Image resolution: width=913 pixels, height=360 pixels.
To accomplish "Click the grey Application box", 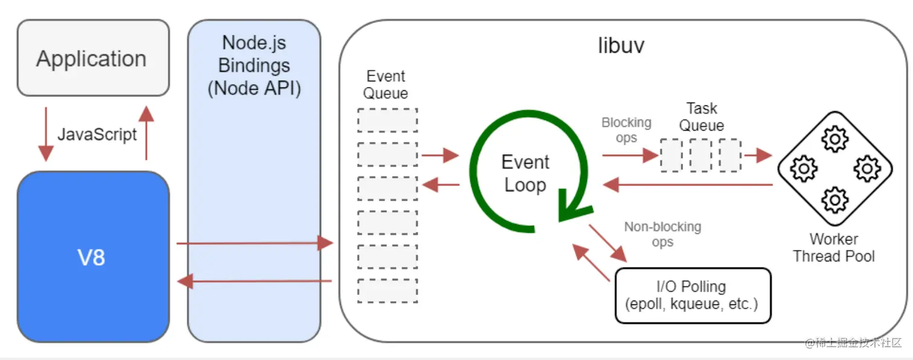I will [x=92, y=58].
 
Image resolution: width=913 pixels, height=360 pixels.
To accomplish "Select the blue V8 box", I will [x=92, y=257].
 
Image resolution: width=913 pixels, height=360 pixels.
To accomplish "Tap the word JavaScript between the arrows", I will [x=97, y=133].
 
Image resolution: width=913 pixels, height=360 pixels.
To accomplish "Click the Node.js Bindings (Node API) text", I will [x=254, y=65].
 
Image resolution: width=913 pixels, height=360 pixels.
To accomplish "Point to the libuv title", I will [x=621, y=46].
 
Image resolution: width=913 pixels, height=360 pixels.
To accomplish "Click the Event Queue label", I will [x=386, y=85].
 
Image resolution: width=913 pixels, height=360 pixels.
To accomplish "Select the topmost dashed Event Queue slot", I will [x=387, y=120].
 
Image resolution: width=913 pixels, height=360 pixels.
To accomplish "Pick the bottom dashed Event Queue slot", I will [x=387, y=291].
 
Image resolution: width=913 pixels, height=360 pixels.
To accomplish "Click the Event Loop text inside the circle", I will [x=525, y=173].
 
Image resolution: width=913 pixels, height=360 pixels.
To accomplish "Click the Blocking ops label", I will [x=626, y=130].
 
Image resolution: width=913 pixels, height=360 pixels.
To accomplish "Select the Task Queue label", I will [x=702, y=117].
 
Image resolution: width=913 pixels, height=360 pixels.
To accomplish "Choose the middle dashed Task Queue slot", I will [x=700, y=155].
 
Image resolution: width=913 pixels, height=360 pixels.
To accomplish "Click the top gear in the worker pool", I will [x=835, y=140].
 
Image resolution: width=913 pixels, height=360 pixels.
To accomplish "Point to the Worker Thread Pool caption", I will [x=834, y=247].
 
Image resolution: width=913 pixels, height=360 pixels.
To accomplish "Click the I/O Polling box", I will [x=693, y=295].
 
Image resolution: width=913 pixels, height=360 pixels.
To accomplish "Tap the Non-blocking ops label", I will [x=662, y=234].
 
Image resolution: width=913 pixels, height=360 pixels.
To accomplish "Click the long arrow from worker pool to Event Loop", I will [x=688, y=184].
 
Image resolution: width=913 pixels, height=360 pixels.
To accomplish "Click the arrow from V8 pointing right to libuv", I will [x=254, y=243].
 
